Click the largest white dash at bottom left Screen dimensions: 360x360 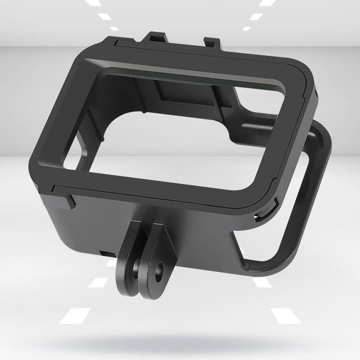(x=75, y=315)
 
